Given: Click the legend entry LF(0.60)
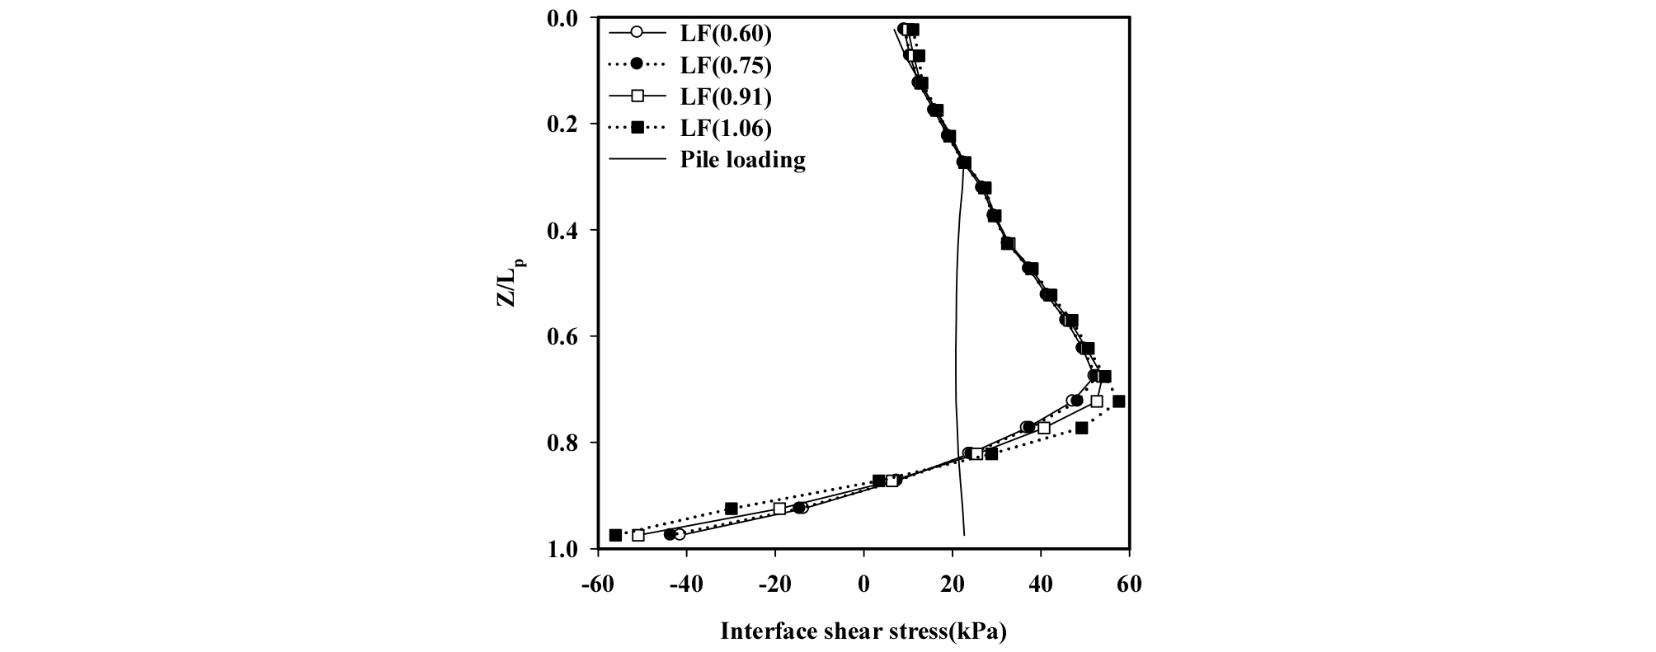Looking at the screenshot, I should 725,34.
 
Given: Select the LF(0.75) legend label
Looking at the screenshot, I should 725,65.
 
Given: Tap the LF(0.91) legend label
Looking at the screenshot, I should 725,96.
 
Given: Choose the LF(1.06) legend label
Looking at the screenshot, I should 725,128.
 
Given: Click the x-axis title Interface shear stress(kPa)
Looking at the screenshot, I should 863,632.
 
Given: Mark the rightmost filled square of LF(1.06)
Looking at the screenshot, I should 1118,401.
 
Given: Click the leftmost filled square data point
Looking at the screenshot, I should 615,535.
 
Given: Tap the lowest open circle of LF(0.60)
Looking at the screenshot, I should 679,534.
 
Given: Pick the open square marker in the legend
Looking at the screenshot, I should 637,96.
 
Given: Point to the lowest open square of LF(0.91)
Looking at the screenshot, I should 638,535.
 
